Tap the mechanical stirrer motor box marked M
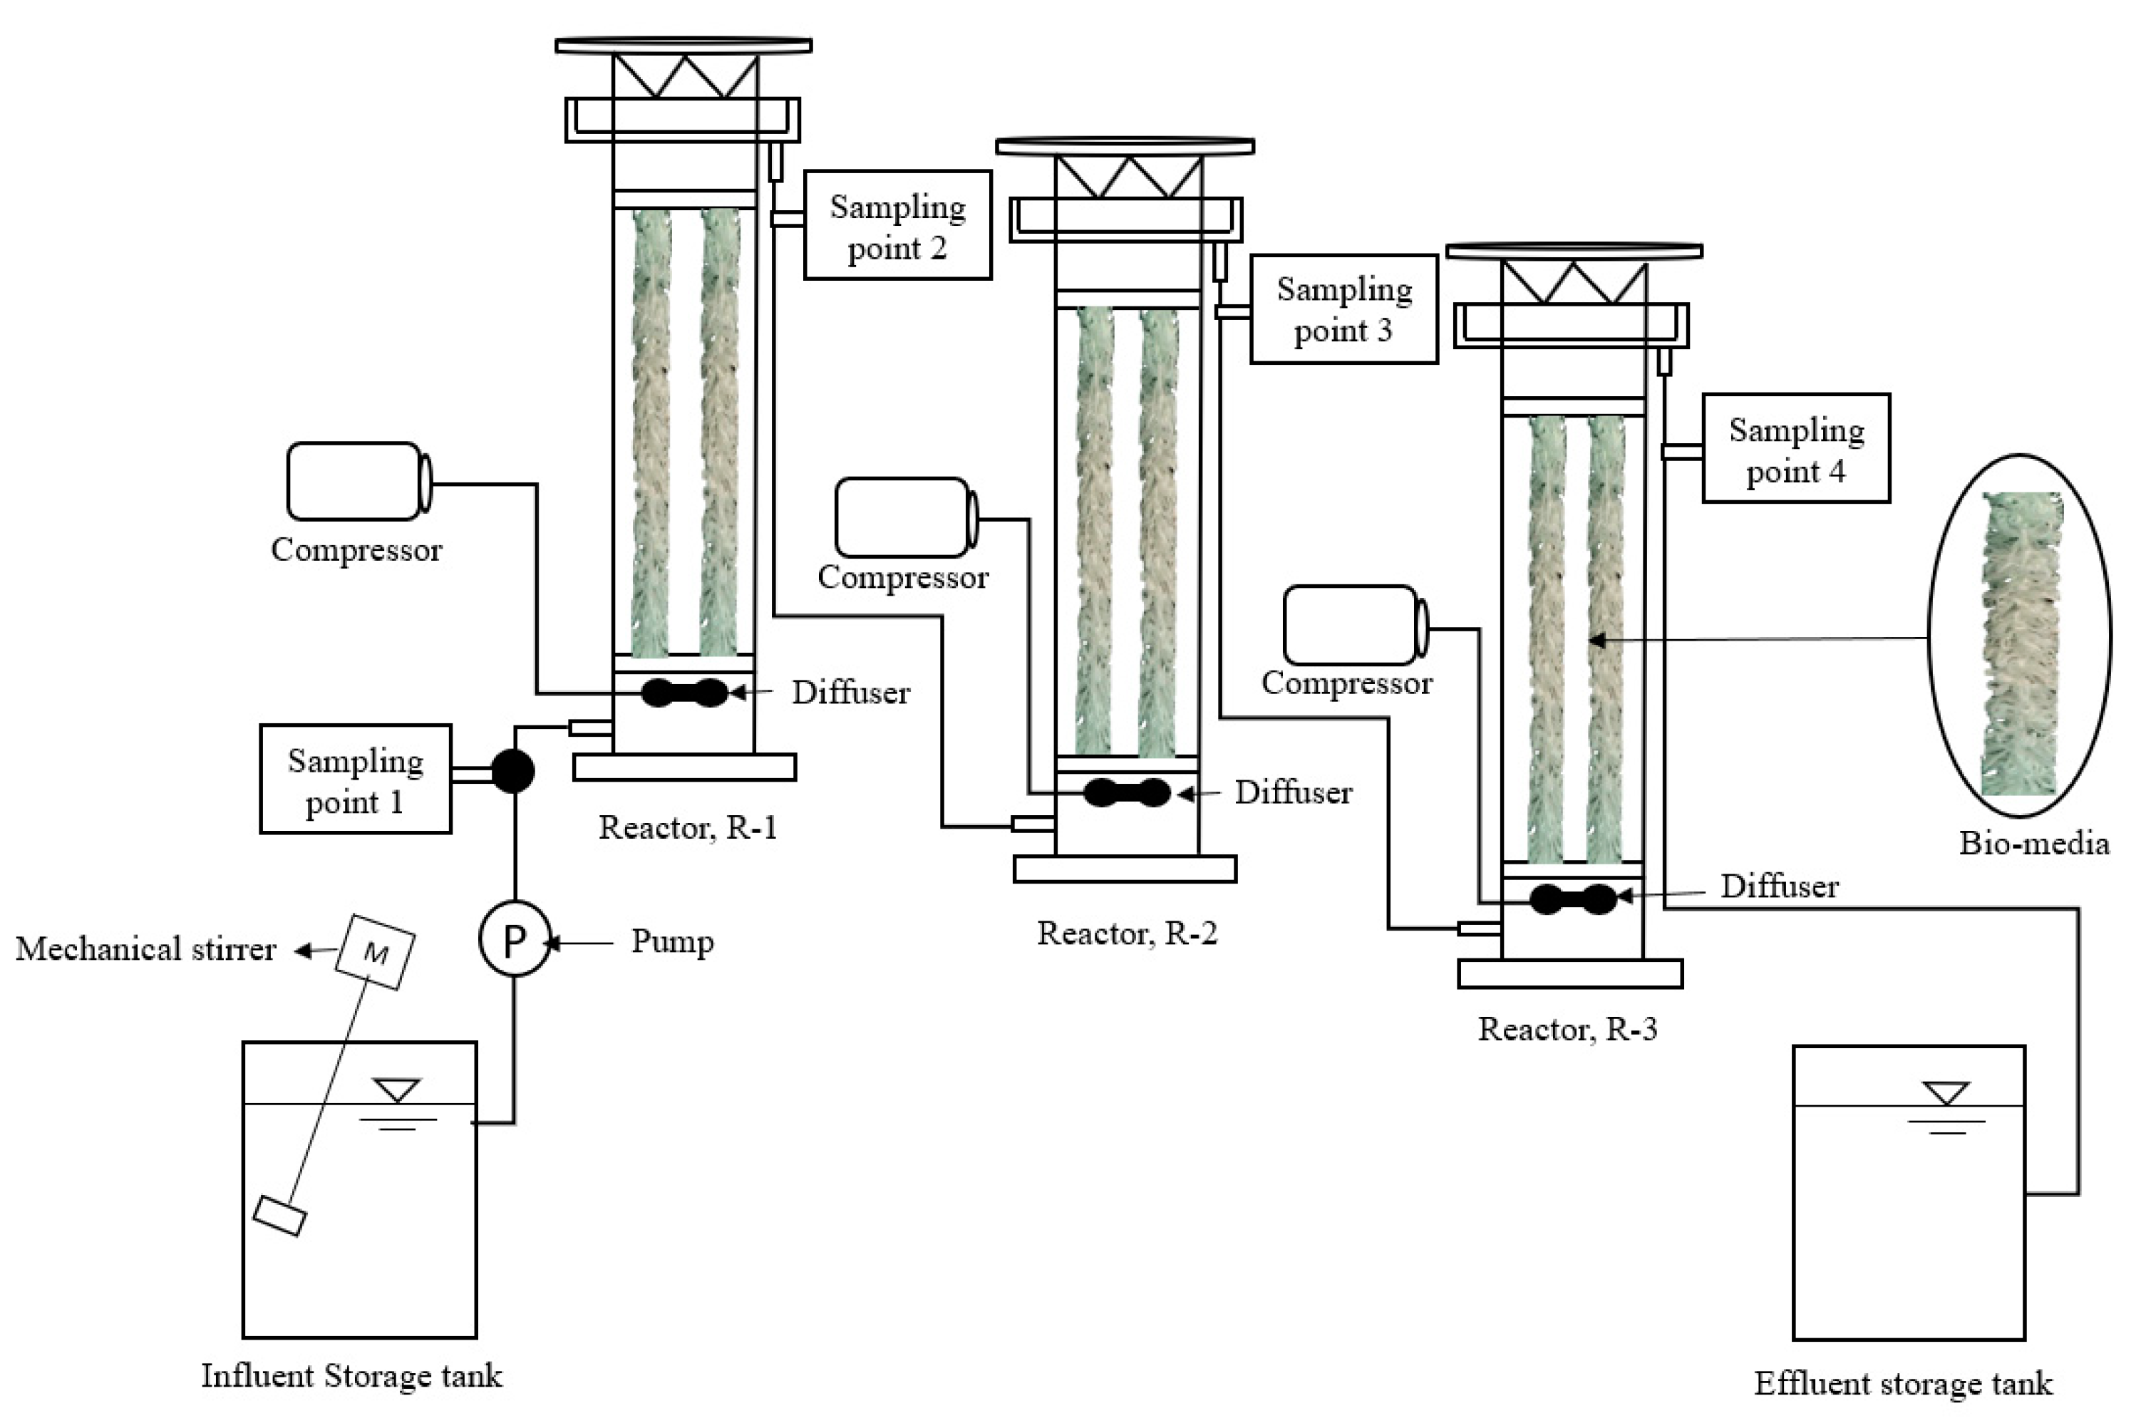(374, 952)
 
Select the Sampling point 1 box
(355, 780)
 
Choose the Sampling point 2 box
(897, 225)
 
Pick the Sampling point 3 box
(1343, 309)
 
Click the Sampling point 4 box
(1795, 448)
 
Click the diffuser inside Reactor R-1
(685, 692)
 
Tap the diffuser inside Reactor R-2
(1127, 792)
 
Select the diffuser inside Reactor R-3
(1573, 899)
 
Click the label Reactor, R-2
(1127, 933)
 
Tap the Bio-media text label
(2033, 843)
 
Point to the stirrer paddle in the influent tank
(279, 1216)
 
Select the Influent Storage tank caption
(351, 1376)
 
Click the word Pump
(672, 942)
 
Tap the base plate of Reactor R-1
(684, 767)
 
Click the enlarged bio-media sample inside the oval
(2021, 642)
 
